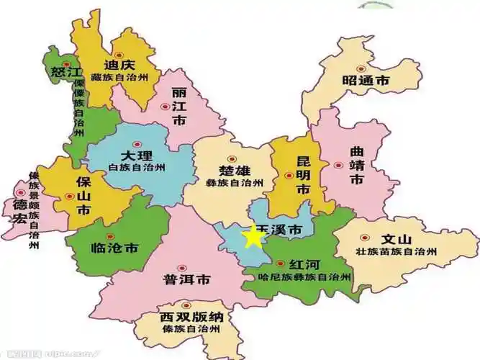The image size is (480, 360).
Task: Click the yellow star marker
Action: [253, 237]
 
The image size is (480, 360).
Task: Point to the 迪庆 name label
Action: [119, 64]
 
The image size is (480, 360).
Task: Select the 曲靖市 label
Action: [357, 166]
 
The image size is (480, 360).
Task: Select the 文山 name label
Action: [397, 239]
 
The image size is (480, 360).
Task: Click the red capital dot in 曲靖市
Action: [338, 165]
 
